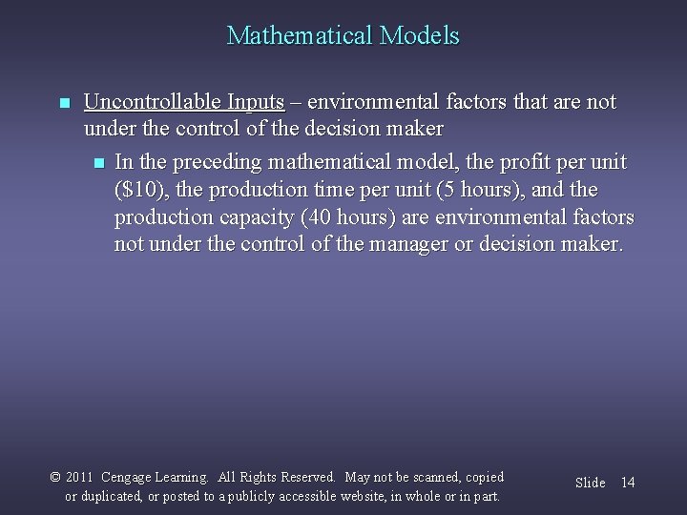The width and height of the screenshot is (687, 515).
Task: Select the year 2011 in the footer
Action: click(82, 477)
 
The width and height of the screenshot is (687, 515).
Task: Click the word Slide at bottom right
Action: click(590, 484)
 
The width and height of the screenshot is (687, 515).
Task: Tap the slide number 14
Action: click(628, 484)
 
